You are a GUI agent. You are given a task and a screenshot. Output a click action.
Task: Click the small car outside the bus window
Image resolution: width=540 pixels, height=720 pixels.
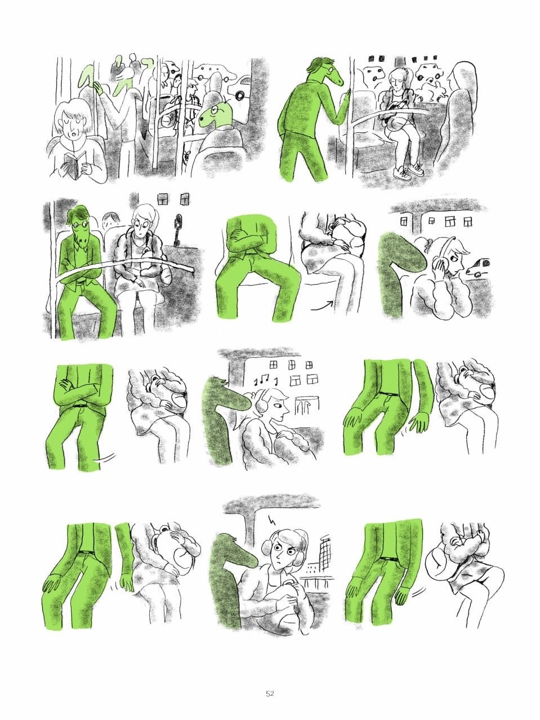pyautogui.click(x=477, y=267)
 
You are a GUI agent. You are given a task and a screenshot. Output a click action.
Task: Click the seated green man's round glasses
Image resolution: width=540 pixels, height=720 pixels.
pyautogui.click(x=80, y=225)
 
